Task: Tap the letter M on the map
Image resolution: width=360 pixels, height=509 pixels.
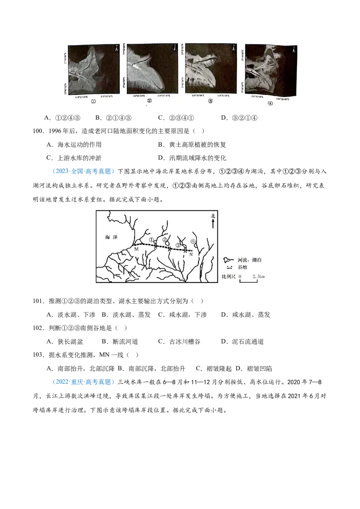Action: (x=136, y=249)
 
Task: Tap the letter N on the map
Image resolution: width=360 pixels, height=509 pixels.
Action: (x=191, y=254)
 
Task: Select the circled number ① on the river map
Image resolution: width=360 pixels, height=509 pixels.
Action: (x=152, y=240)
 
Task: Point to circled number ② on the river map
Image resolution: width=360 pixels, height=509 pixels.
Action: (x=165, y=240)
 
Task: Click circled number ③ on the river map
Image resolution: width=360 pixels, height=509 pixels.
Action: (x=178, y=245)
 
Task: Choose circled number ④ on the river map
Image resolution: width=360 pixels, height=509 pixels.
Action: (x=193, y=239)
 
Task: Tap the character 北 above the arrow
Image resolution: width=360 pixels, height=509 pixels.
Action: (x=213, y=216)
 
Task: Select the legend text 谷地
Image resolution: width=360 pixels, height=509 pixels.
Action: (x=243, y=267)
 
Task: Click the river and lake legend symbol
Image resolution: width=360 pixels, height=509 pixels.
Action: (x=229, y=260)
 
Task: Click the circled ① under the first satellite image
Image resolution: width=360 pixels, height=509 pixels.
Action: (x=93, y=102)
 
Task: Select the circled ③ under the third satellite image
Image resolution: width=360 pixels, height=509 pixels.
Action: (x=210, y=102)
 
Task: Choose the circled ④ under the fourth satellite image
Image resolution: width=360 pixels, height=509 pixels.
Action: (x=270, y=103)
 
